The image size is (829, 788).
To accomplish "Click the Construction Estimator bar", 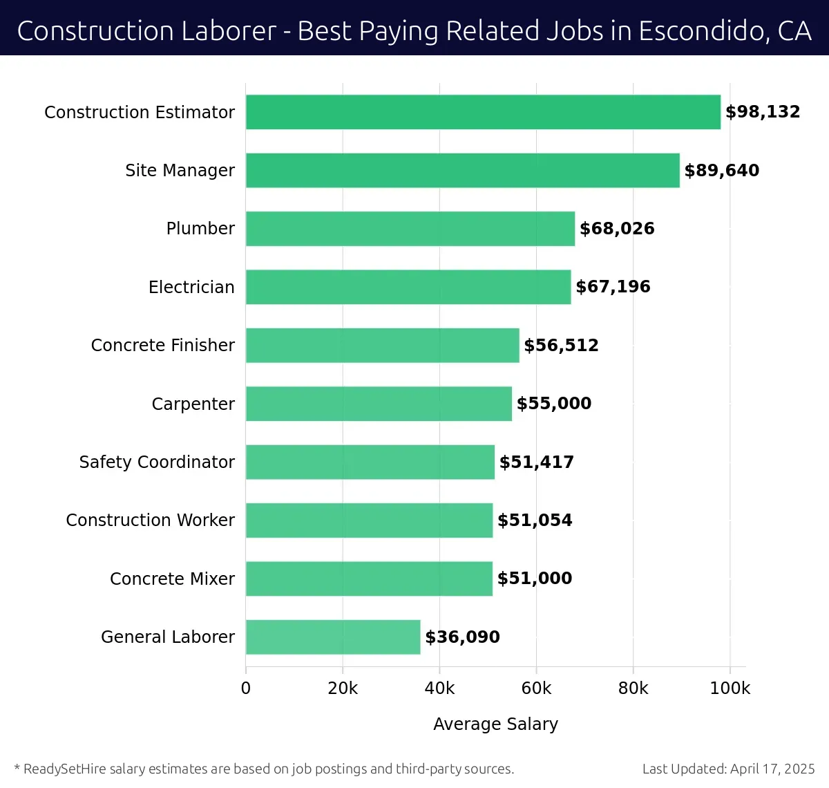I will click(483, 112).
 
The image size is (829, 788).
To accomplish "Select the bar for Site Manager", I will click(463, 170).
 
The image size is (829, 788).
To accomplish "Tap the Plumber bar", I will click(410, 229).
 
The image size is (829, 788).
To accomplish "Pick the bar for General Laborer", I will click(333, 637).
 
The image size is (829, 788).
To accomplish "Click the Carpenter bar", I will click(379, 404).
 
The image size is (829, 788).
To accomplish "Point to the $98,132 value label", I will click(763, 112).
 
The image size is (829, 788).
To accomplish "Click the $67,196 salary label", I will click(613, 287).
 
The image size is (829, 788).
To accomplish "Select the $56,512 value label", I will click(561, 345).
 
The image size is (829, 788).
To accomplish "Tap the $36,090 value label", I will click(462, 637).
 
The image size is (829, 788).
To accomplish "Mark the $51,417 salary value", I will click(537, 462).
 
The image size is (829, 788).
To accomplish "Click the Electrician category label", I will click(191, 287).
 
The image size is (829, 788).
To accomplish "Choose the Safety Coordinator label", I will click(157, 462).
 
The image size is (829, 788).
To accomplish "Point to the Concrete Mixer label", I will click(172, 579).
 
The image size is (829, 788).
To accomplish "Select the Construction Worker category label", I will click(150, 520).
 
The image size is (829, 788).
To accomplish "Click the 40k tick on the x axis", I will click(439, 688).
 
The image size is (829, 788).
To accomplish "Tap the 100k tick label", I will click(730, 688).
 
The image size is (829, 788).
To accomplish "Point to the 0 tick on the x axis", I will click(246, 688).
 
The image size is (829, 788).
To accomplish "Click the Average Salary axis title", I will click(495, 724).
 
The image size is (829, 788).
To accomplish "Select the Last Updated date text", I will click(728, 769).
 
